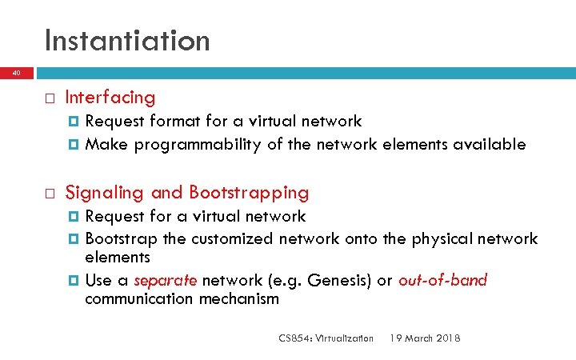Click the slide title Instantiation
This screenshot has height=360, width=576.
(x=127, y=40)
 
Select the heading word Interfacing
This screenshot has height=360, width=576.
(x=110, y=98)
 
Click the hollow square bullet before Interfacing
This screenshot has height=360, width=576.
(x=48, y=98)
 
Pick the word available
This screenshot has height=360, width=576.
(x=489, y=145)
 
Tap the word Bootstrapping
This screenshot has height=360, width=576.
(x=249, y=193)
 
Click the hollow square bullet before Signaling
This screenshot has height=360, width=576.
(x=48, y=194)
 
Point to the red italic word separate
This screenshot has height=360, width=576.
(x=166, y=281)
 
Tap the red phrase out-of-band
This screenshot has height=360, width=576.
(x=442, y=281)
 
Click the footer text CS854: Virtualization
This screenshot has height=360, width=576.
(x=326, y=338)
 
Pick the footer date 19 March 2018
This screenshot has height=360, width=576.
(x=424, y=338)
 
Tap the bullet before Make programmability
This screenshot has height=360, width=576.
(x=74, y=146)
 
